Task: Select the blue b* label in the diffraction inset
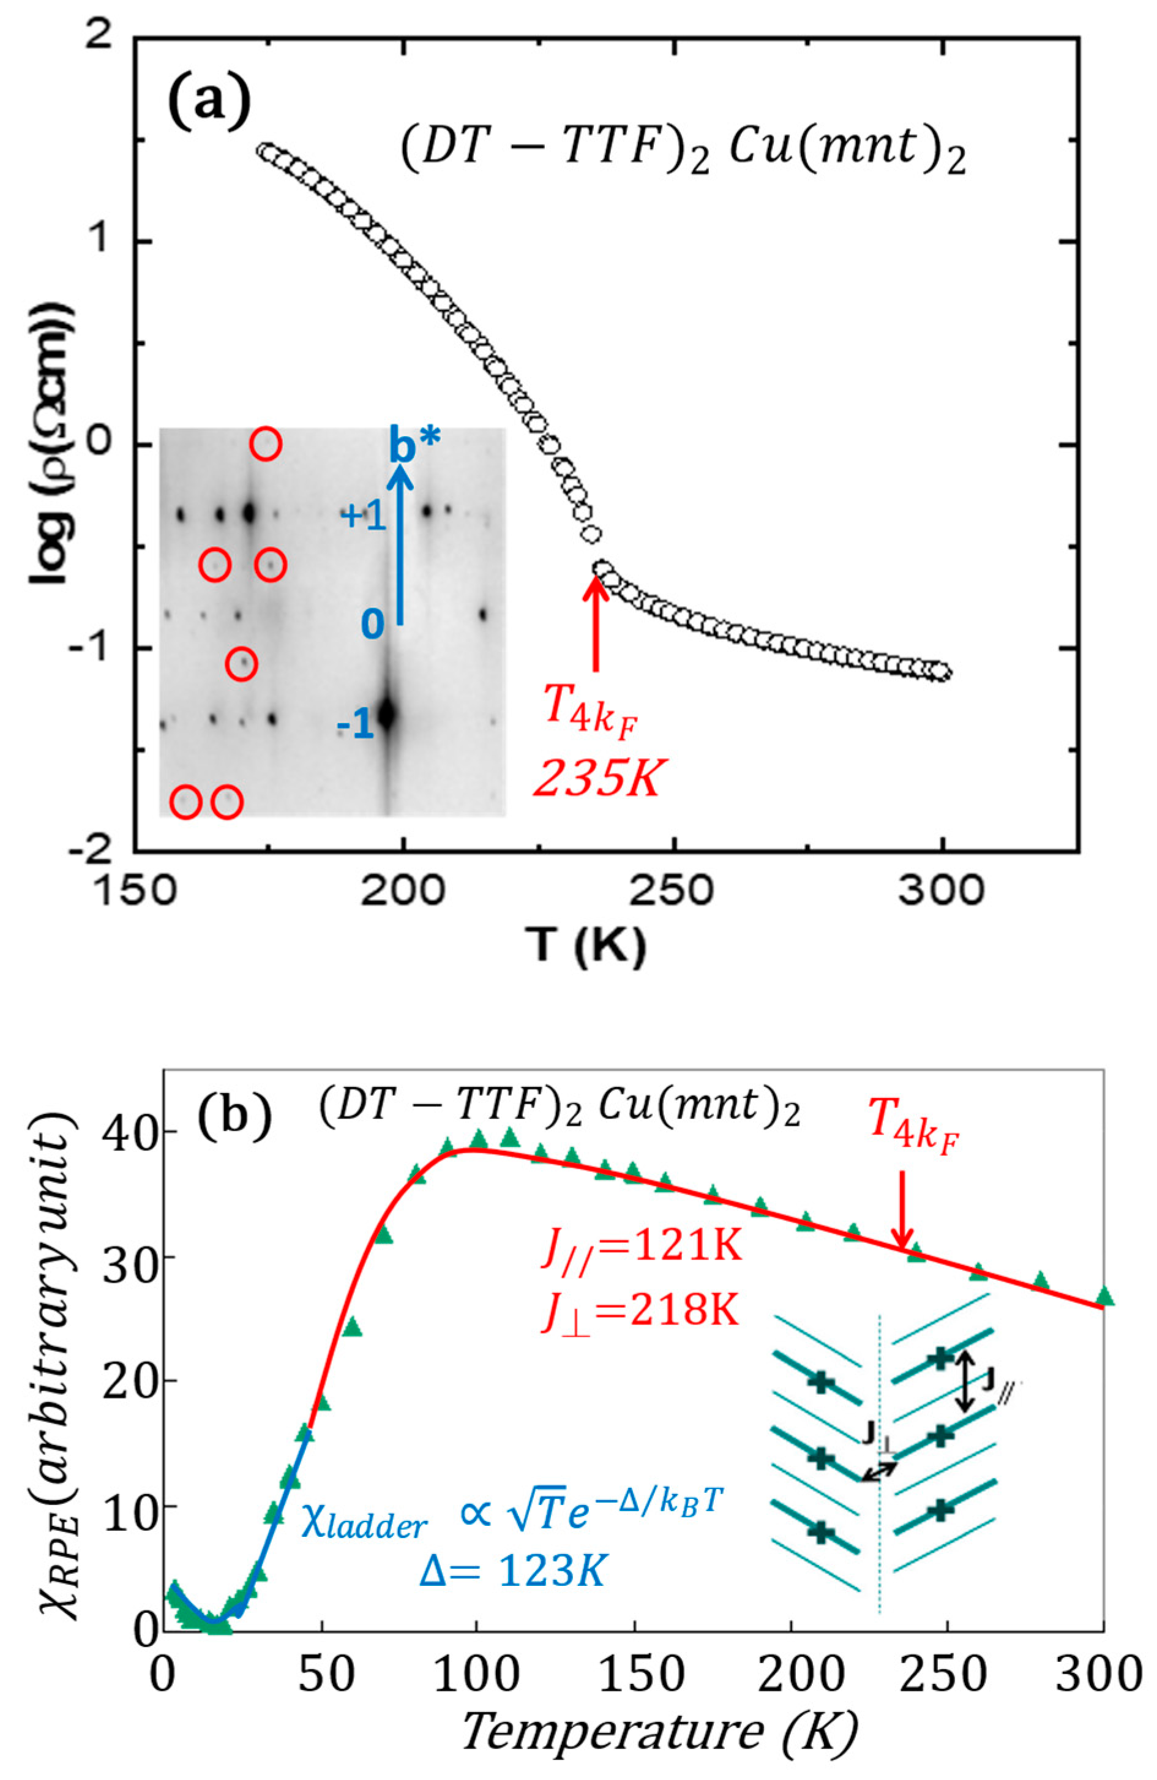tap(415, 448)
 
